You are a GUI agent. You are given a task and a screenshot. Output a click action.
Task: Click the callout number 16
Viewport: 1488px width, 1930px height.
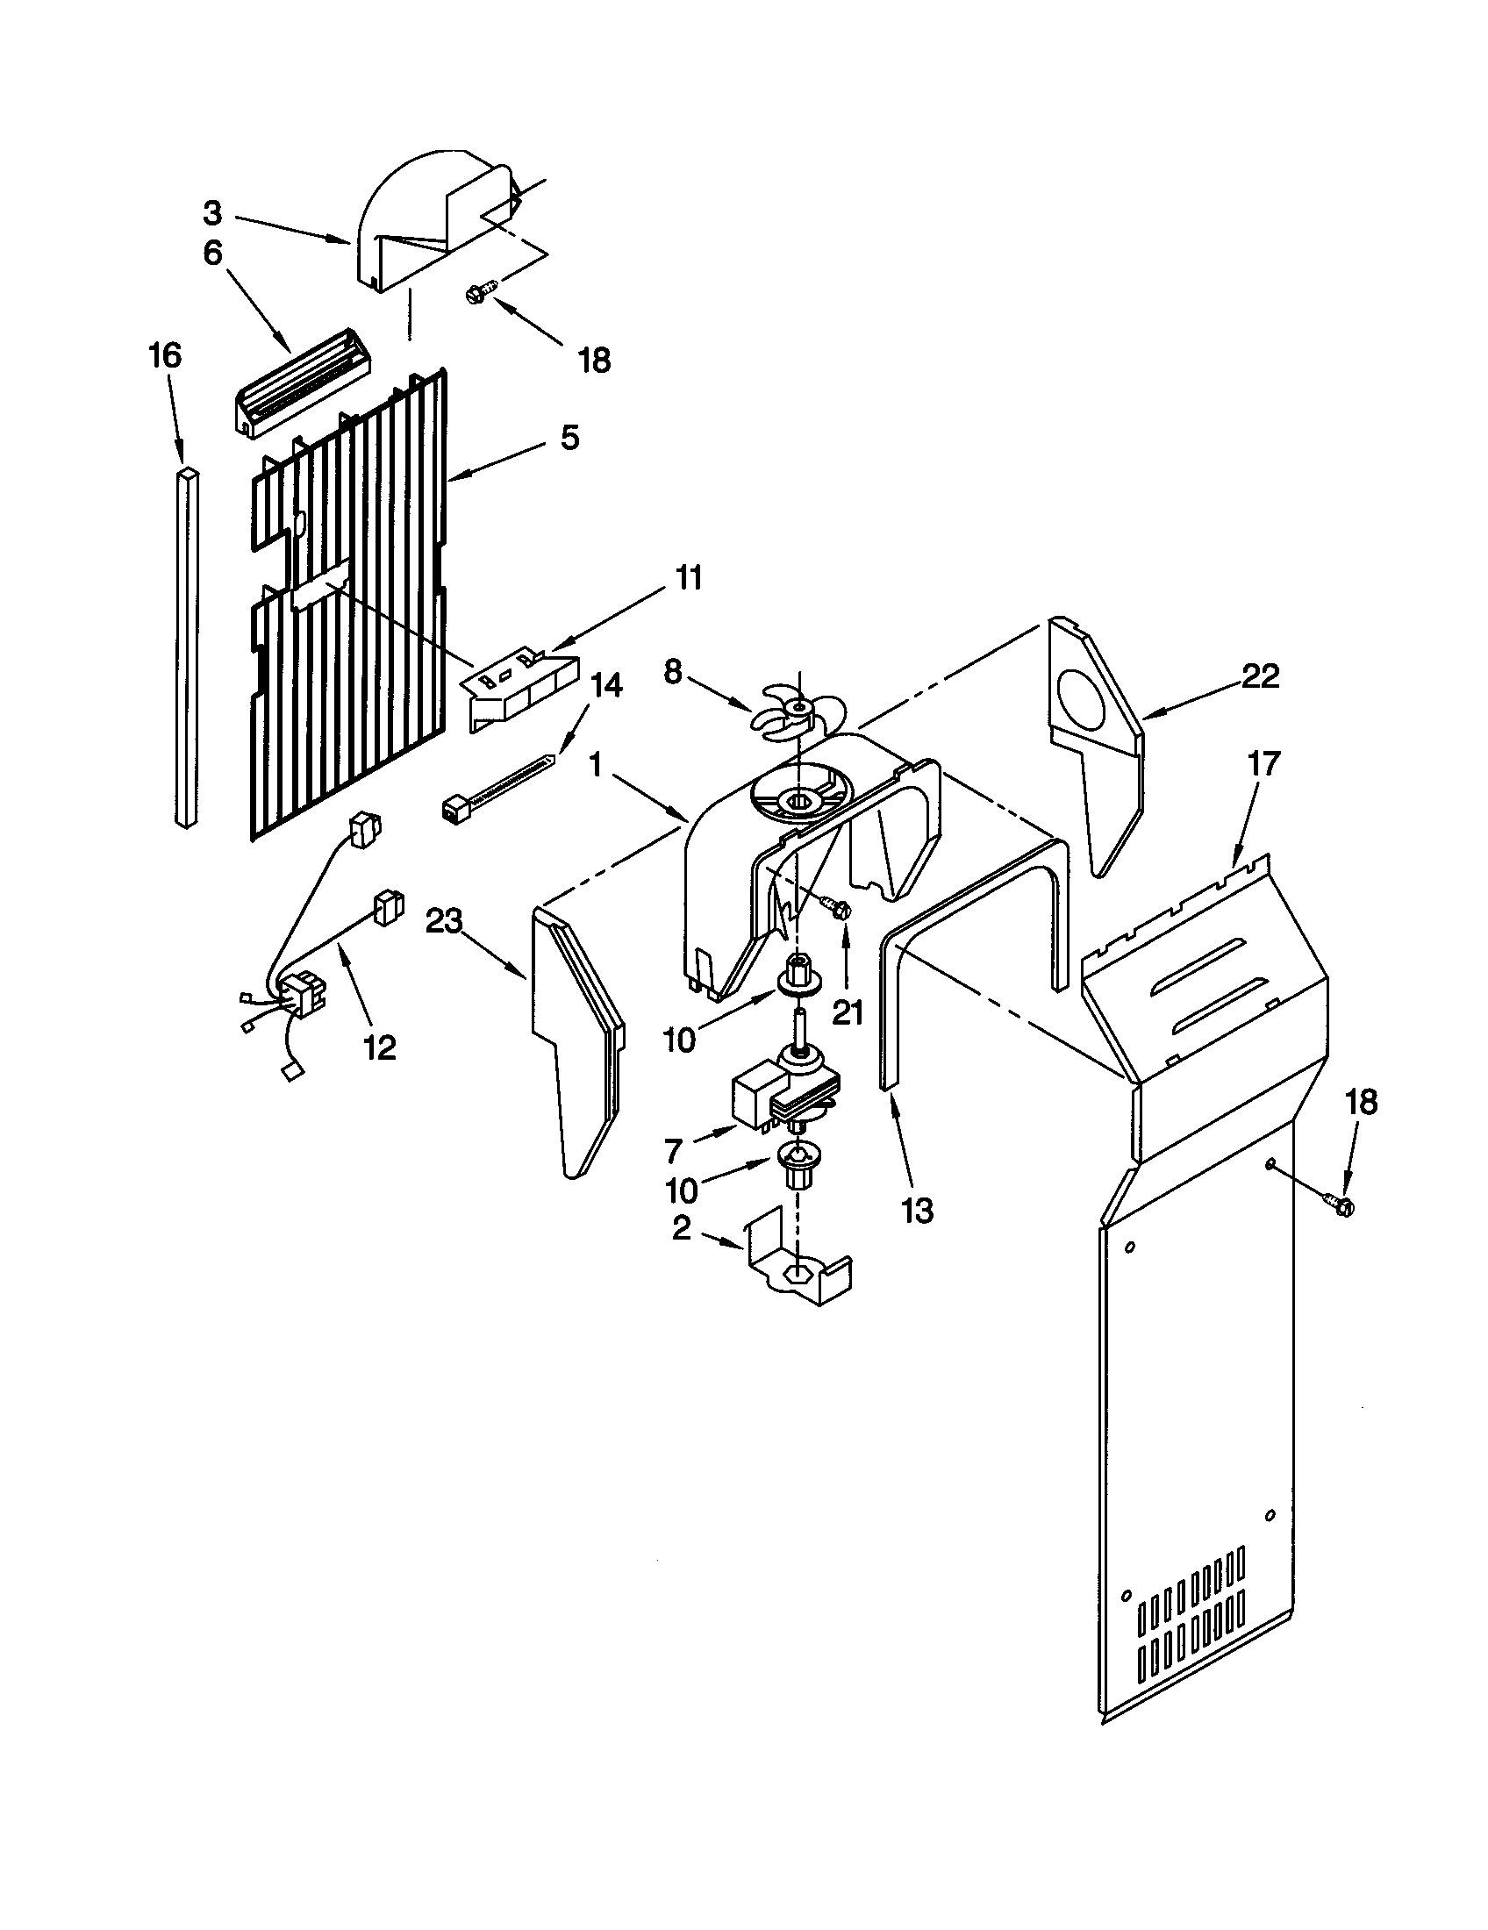pyautogui.click(x=165, y=355)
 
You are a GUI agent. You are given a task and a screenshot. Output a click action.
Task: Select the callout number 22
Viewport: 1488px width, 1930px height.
pyautogui.click(x=1260, y=677)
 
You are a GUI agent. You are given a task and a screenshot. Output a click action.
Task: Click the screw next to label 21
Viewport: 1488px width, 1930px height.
pyautogui.click(x=837, y=907)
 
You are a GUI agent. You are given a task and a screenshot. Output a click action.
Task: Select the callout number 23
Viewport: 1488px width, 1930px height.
pyautogui.click(x=444, y=921)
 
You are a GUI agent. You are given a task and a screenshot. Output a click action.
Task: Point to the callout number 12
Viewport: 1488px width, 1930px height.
pyautogui.click(x=379, y=1048)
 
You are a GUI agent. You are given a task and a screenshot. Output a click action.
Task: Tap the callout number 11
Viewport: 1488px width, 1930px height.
pyautogui.click(x=689, y=578)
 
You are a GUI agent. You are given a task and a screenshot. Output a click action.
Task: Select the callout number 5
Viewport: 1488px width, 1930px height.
pyautogui.click(x=570, y=438)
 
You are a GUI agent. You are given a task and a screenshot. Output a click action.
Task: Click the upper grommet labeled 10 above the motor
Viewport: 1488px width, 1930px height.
pyautogui.click(x=798, y=969)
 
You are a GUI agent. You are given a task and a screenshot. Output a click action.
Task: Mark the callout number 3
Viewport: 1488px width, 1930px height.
pyautogui.click(x=212, y=213)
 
